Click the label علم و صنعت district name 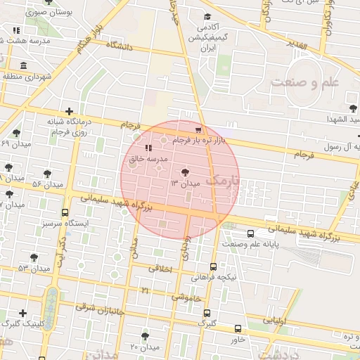pos(304,82)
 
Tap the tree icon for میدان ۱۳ pos(185,172)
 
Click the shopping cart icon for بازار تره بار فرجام pos(198,129)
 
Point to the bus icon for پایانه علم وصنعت pos(251,233)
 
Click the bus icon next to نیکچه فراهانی pos(213,266)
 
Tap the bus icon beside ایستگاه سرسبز pos(65,213)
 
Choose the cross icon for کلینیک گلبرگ pos(23,313)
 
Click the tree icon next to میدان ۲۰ pos(145,336)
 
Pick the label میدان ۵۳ pos(34,269)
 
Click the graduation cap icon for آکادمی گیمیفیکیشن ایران pos(207,17)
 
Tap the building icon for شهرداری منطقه pos(23,66)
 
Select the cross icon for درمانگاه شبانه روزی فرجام pos(68,111)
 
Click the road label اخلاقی pos(160,268)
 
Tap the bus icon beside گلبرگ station pos(238,328)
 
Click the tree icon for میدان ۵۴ pos(47,173)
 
